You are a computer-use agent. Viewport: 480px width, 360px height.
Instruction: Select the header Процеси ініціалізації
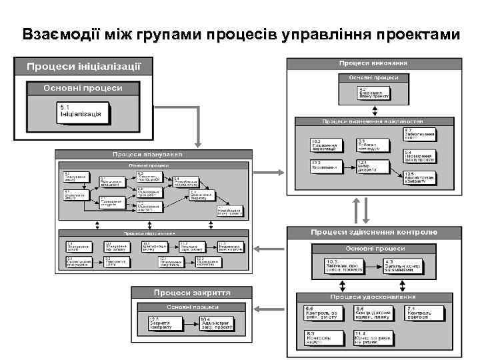coord(83,66)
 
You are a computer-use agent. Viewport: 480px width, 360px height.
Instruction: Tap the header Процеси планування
coord(153,155)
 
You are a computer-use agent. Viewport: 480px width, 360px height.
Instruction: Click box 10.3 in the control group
coord(345,267)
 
